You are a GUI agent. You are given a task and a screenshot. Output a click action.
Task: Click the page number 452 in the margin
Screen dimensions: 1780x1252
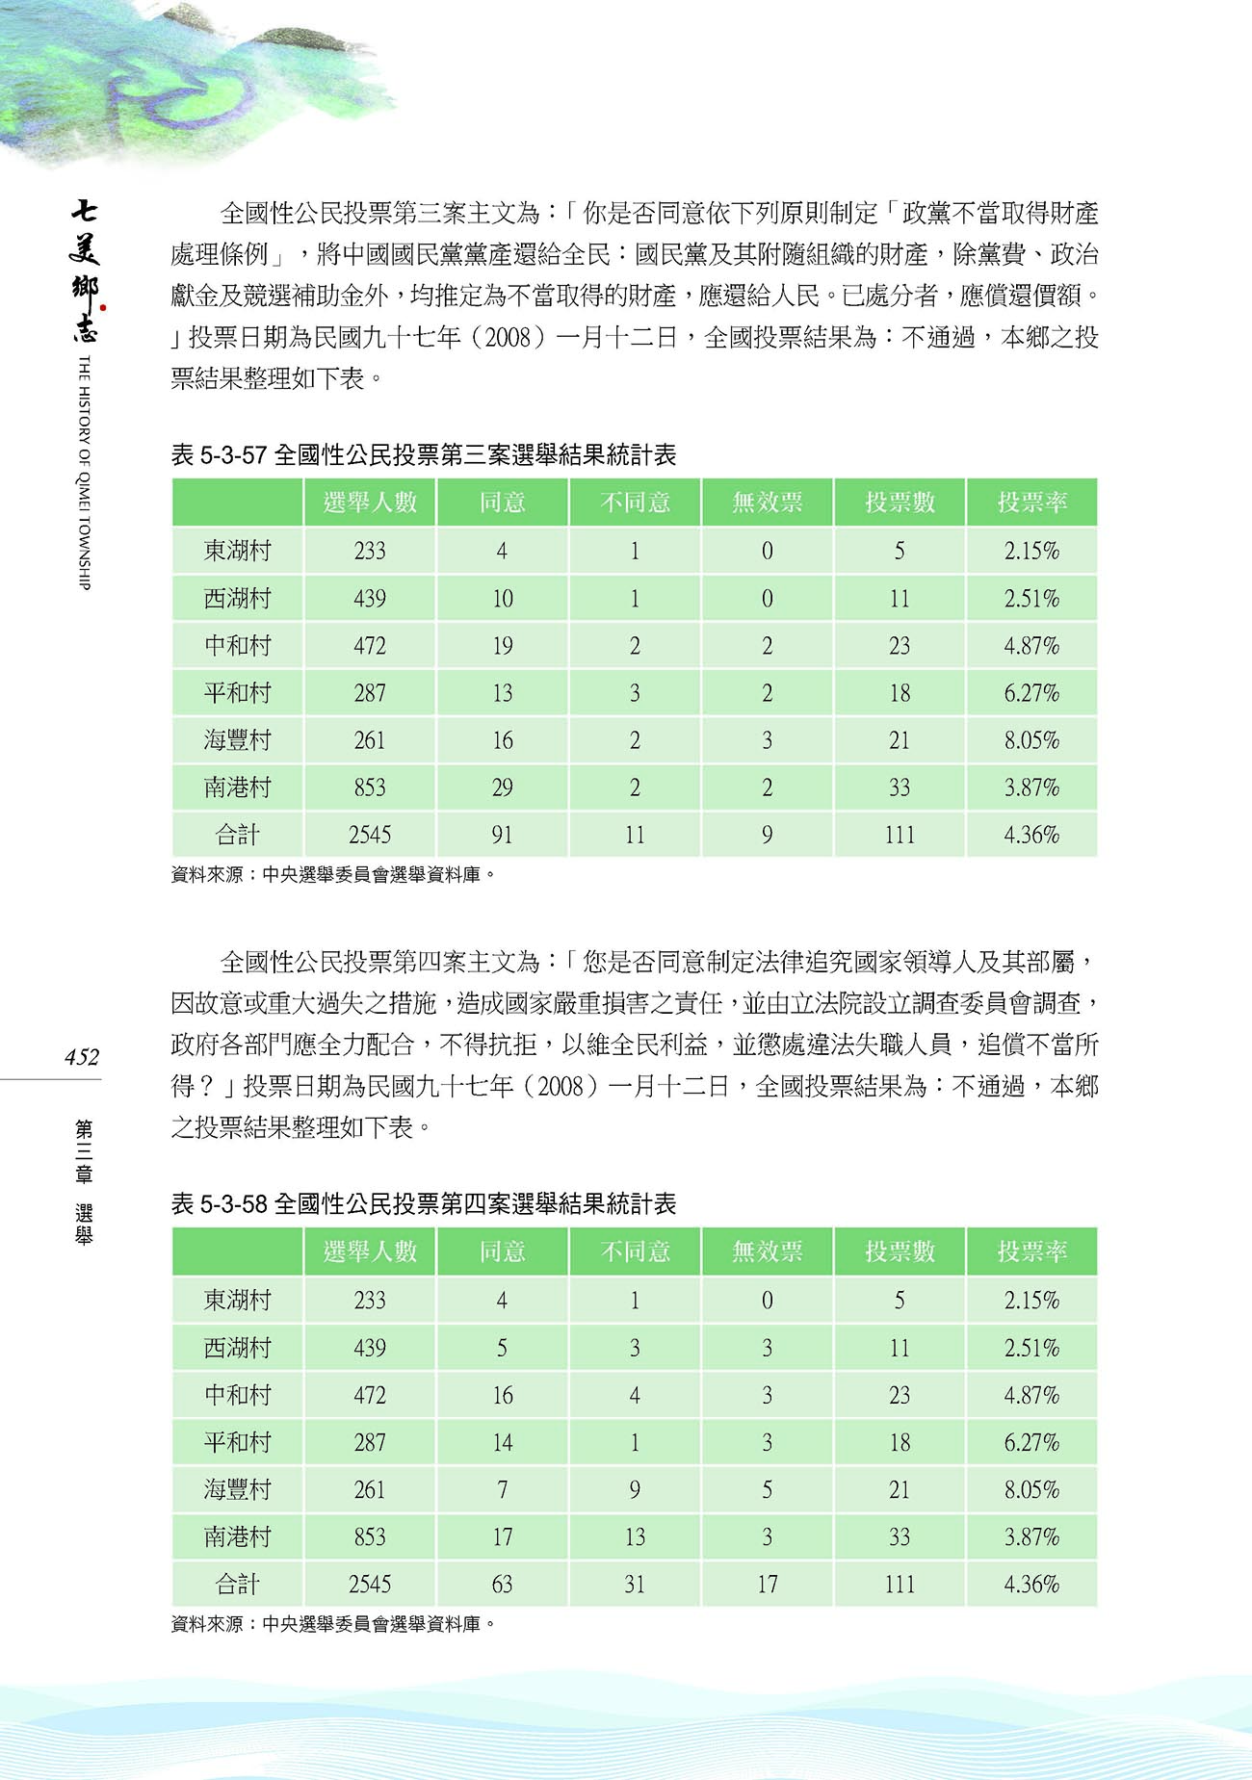(82, 1057)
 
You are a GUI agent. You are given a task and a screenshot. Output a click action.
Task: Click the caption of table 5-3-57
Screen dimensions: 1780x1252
(423, 454)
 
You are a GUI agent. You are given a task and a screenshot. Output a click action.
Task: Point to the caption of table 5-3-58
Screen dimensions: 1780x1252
(423, 1203)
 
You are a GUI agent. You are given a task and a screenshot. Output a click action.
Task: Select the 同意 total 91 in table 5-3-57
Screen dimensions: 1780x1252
(502, 835)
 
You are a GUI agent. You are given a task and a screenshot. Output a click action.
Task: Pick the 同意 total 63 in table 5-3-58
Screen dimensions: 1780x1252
(502, 1584)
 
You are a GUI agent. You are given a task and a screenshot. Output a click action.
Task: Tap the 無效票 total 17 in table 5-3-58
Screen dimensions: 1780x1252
(767, 1584)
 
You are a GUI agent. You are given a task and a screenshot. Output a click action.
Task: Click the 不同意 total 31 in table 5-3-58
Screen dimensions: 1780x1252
(634, 1584)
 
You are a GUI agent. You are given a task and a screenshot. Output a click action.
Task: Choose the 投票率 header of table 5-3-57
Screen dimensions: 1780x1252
(1031, 503)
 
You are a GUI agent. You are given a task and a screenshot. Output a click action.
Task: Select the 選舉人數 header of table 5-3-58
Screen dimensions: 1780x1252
(370, 1251)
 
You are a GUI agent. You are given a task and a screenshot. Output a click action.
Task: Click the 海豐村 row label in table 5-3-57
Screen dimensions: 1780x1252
(237, 740)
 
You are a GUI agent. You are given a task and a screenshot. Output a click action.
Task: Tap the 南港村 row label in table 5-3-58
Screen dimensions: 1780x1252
(237, 1536)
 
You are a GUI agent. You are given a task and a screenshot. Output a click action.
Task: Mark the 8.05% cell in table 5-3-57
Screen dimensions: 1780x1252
(1031, 740)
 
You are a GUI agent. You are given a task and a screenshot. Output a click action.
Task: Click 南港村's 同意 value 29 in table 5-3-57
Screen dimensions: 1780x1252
(502, 787)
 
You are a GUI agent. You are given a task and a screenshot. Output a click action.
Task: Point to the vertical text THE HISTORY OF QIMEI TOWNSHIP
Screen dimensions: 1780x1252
(84, 472)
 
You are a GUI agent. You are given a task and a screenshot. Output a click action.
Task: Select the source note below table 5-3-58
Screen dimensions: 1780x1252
(332, 1624)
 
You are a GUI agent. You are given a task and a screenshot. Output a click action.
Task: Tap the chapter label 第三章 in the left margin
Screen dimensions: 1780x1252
(84, 1150)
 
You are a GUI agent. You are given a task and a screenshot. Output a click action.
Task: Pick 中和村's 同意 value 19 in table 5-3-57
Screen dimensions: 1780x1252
(502, 646)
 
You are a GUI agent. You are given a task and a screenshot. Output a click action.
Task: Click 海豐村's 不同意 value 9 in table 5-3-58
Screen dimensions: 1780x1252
(634, 1489)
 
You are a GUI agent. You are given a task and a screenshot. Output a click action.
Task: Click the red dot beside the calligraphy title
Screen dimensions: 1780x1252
(103, 308)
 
